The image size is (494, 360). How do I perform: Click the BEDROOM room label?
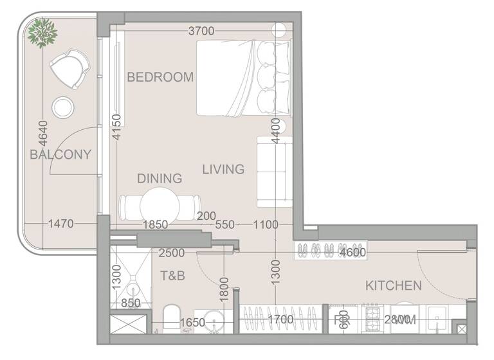click(x=160, y=77)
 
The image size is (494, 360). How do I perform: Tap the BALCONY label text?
click(x=60, y=154)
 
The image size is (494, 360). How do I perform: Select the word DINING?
click(x=160, y=178)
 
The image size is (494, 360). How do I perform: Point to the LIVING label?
click(x=223, y=170)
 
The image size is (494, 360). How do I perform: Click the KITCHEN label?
click(x=394, y=285)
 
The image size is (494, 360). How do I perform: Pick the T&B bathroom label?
click(x=172, y=276)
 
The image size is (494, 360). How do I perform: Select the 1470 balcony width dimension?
click(x=61, y=224)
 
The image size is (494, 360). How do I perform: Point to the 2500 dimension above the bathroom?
click(x=173, y=253)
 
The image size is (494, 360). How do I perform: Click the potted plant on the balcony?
click(x=43, y=30)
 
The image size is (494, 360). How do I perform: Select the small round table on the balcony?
click(x=64, y=107)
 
